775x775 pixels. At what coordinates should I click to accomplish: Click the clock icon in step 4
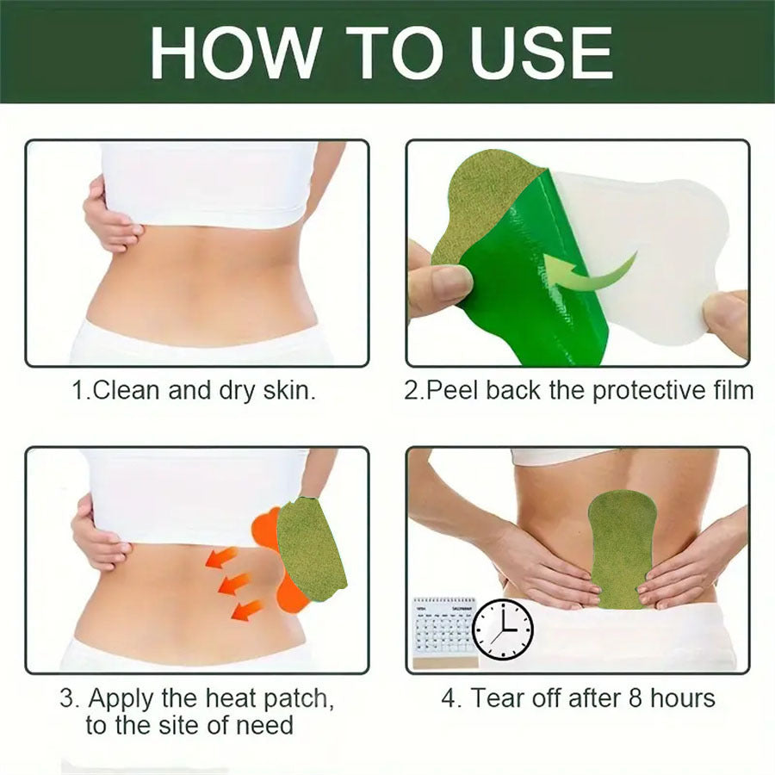pos(503,629)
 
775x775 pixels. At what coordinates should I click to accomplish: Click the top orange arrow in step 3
pos(221,559)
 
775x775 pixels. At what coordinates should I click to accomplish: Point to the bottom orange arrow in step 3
pos(246,611)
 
